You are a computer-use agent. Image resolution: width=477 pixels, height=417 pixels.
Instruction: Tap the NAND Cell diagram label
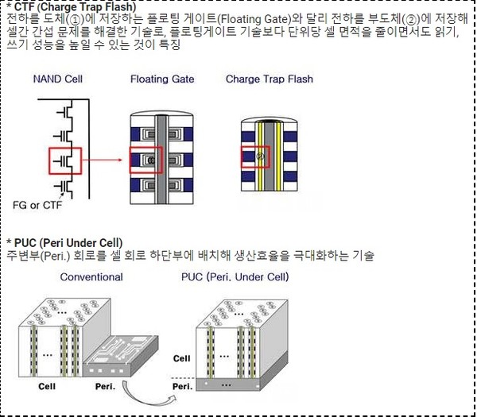(58, 79)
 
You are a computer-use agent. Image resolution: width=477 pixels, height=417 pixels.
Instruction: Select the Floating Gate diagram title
(162, 79)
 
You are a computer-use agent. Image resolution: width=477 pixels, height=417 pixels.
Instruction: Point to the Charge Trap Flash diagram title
(270, 79)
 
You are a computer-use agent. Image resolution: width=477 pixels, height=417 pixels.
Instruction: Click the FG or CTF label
(37, 205)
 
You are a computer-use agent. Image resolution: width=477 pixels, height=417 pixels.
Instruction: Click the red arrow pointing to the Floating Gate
(102, 160)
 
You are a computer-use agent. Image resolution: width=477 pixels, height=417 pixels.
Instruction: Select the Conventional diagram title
(91, 277)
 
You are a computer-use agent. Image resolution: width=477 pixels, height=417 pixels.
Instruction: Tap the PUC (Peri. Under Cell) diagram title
(235, 277)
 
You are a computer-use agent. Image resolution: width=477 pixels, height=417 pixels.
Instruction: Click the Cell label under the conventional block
(47, 386)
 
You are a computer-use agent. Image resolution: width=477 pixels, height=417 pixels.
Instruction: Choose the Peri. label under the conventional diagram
(105, 386)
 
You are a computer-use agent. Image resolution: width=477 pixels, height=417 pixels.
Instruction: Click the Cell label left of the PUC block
(181, 358)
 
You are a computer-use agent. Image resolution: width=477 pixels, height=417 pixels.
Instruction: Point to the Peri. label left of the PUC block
(183, 387)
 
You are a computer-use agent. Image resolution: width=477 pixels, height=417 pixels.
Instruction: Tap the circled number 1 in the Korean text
(75, 20)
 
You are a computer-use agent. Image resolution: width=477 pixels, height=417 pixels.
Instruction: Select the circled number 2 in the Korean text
(411, 20)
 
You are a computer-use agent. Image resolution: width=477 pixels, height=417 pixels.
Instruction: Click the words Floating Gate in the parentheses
(254, 19)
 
